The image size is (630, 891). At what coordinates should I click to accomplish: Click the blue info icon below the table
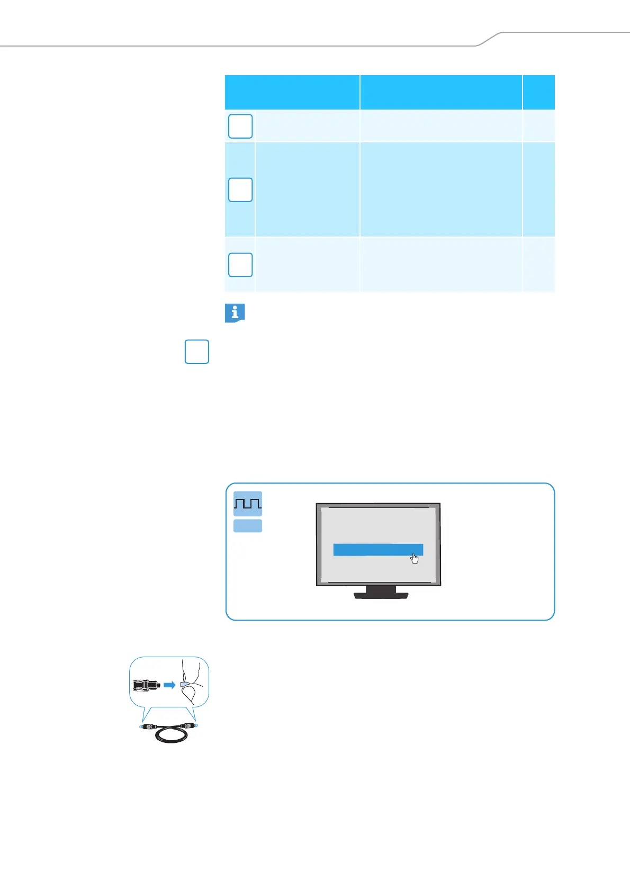click(x=235, y=313)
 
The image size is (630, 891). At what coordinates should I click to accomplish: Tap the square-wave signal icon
click(x=248, y=503)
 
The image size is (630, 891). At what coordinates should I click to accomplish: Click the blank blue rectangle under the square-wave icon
click(x=248, y=525)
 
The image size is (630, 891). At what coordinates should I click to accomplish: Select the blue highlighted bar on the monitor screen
click(x=377, y=550)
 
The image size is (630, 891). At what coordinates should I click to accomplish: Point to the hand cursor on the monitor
click(x=415, y=559)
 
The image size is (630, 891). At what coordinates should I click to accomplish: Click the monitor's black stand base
click(x=381, y=595)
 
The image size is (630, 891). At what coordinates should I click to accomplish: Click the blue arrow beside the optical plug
click(x=169, y=685)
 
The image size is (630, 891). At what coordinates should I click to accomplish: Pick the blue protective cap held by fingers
click(x=184, y=684)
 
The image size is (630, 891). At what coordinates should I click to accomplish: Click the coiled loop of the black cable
click(x=168, y=736)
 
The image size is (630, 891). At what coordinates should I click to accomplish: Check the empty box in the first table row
click(x=240, y=126)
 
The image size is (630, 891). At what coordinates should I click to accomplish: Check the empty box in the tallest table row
click(x=240, y=190)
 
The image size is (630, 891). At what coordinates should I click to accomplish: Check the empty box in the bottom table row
click(x=240, y=265)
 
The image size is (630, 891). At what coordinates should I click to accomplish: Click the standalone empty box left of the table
click(x=197, y=352)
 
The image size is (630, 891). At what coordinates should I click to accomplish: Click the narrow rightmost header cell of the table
click(x=538, y=92)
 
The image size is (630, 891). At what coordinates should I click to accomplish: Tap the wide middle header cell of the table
click(x=441, y=92)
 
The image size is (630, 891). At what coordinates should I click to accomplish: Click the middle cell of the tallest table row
click(x=441, y=189)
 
